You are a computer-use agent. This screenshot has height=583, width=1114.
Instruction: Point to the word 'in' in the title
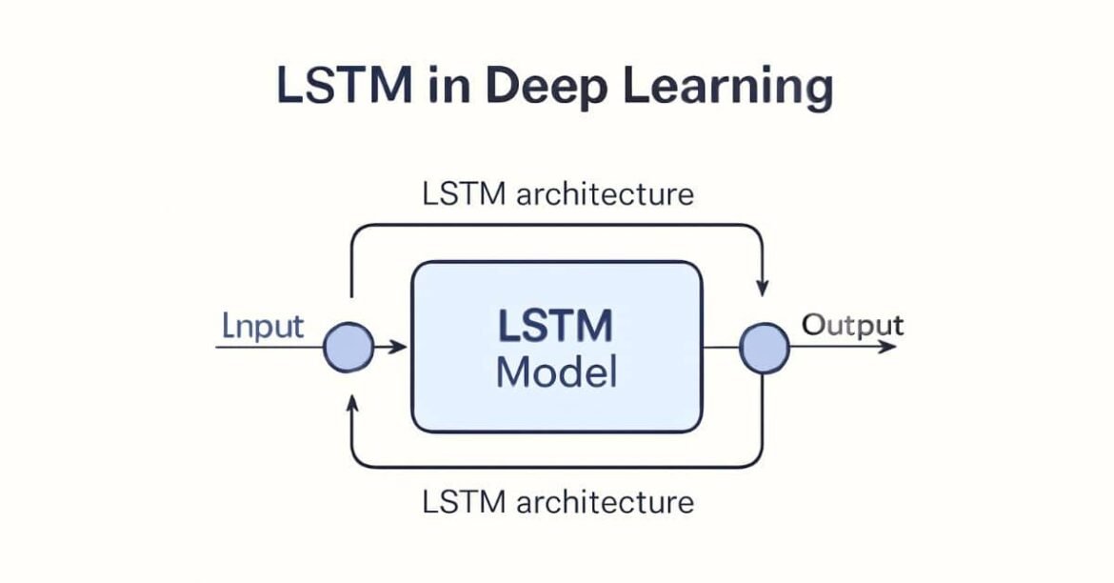[x=448, y=86]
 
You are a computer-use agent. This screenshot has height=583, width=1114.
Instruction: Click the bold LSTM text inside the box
[x=555, y=327]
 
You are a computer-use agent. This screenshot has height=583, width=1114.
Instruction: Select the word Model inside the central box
[x=556, y=372]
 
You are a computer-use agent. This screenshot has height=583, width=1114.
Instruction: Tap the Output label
[x=852, y=325]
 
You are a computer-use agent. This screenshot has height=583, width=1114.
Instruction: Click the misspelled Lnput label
[x=263, y=327]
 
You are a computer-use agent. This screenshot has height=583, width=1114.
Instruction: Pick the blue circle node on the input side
[x=348, y=348]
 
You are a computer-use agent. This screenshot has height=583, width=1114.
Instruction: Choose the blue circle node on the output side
[x=765, y=348]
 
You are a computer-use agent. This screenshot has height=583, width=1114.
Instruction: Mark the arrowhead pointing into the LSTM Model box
[x=399, y=348]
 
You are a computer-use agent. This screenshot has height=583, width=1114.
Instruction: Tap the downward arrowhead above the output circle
[x=763, y=286]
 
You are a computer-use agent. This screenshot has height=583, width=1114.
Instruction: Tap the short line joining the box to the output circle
[x=722, y=348]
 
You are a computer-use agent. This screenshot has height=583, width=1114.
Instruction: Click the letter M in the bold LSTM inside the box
[x=594, y=327]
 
